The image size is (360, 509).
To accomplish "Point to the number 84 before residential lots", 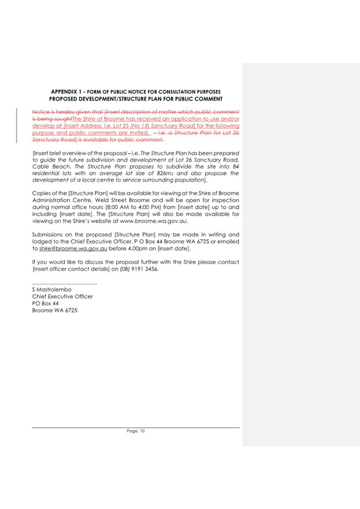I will pyautogui.click(x=235, y=166).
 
